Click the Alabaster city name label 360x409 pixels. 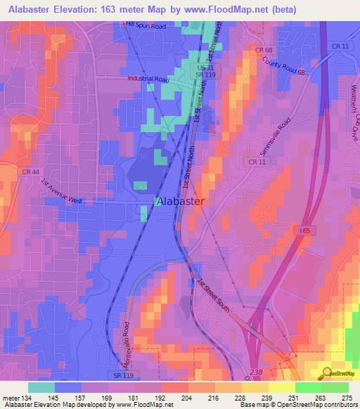click(180, 201)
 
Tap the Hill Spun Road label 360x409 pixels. click(145, 25)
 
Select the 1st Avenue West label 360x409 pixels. click(61, 192)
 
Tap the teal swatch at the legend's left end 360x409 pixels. click(41, 387)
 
